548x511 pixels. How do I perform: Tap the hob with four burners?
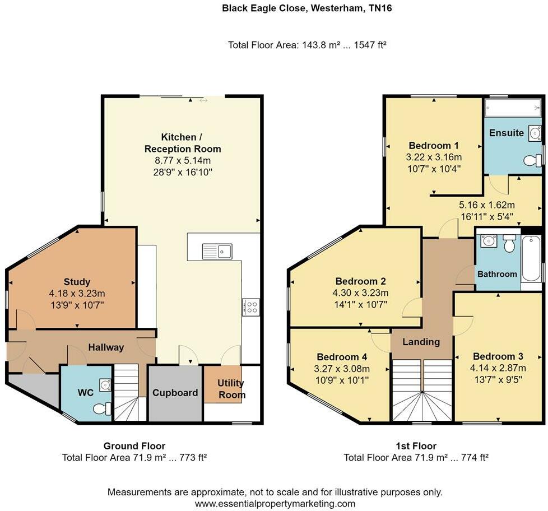(x=250, y=306)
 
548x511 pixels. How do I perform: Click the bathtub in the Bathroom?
(x=531, y=259)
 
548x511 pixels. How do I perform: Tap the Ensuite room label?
(x=506, y=133)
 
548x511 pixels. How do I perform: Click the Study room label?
(x=77, y=282)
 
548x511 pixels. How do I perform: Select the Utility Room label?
(x=231, y=389)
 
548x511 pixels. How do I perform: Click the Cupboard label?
(x=175, y=393)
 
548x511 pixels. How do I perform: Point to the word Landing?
(x=421, y=342)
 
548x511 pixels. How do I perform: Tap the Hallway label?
(x=106, y=347)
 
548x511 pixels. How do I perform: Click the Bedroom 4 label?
(x=342, y=357)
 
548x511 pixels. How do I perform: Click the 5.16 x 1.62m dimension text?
(x=486, y=205)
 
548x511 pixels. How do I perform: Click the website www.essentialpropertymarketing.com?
(x=275, y=503)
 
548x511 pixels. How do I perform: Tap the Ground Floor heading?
(x=134, y=446)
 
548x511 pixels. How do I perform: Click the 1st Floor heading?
(x=416, y=446)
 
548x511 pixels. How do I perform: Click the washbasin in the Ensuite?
(x=534, y=133)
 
